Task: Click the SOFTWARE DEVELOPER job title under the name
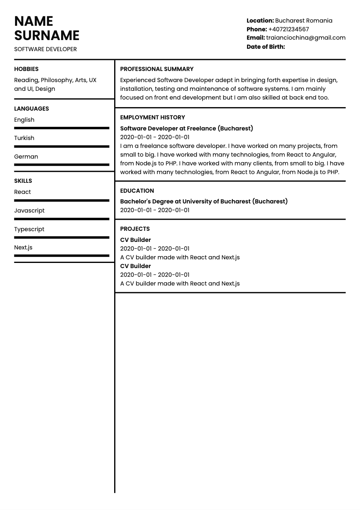click(45, 49)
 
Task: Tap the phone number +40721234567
click(288, 29)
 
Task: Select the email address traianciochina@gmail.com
click(306, 38)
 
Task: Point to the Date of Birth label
click(266, 47)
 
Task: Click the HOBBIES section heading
click(26, 69)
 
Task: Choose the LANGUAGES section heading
click(31, 109)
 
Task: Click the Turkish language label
click(24, 138)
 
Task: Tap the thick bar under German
click(61, 165)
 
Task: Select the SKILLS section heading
click(23, 181)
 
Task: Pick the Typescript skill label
click(29, 229)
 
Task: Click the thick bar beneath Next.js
click(61, 256)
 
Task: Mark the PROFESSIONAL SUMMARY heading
click(157, 69)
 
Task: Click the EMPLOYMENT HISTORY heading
click(152, 117)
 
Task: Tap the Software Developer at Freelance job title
click(186, 128)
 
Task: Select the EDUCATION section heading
click(137, 191)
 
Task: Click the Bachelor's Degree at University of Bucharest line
click(204, 201)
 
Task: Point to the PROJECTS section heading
click(135, 229)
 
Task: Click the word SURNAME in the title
click(47, 36)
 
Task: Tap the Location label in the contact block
click(260, 21)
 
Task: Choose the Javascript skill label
click(29, 211)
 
